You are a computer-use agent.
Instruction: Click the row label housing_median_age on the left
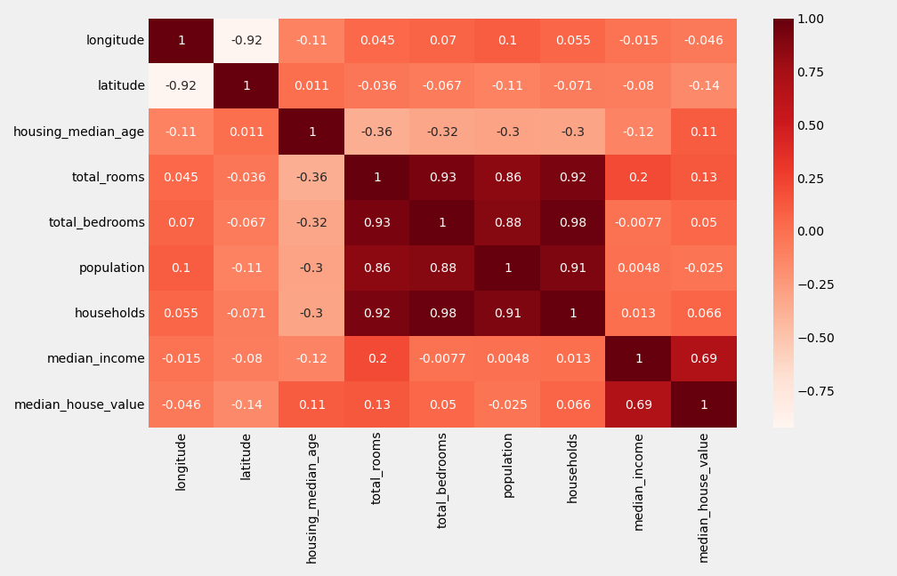[78, 132]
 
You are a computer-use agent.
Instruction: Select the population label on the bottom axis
[508, 465]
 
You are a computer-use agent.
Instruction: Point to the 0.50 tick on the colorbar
[809, 125]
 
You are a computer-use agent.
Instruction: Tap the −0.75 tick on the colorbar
[815, 391]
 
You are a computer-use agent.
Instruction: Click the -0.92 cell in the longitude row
[246, 41]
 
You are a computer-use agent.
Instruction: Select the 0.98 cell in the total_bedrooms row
[573, 223]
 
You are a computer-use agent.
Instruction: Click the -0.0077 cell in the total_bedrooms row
[638, 223]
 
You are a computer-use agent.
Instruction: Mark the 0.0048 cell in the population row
[638, 268]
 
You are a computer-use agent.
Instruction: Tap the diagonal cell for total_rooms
[377, 178]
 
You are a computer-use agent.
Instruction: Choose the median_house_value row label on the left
[79, 404]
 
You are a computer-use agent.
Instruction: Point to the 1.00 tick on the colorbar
[809, 19]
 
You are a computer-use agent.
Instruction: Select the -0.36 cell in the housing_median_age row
[377, 132]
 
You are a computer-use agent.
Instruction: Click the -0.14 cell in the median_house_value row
[246, 404]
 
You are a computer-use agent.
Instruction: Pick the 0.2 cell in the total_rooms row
[638, 178]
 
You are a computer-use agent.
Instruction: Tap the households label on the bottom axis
[573, 468]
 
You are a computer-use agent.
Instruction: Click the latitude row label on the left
[121, 86]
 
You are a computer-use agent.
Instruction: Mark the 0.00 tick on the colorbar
[809, 231]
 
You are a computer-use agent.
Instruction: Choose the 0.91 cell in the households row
[508, 314]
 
